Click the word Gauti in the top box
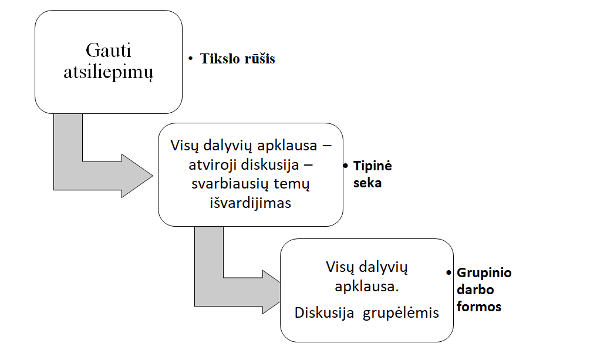pos(109,49)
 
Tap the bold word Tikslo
pos(219,59)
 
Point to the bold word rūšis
pos(258,59)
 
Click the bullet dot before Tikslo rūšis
pos(190,59)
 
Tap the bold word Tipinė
pos(372,166)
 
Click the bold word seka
pos(367,183)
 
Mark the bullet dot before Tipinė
pos(346,166)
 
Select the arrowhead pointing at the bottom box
pos(270,292)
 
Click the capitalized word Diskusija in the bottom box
pos(325,312)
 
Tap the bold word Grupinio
pos(484,273)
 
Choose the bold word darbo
pos(475,290)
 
